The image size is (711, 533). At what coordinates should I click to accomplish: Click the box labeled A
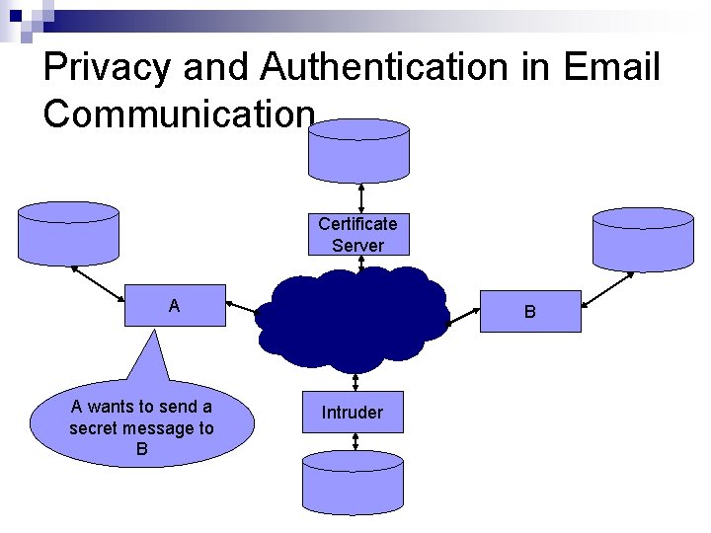[x=175, y=306]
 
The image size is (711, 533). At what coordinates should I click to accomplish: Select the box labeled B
[x=530, y=311]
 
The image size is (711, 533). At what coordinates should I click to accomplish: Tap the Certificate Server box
[x=357, y=235]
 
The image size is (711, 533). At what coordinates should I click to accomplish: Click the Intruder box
[x=352, y=413]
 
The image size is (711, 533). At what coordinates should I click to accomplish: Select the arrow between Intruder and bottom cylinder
[x=353, y=442]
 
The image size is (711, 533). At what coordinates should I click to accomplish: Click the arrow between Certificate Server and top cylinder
[x=360, y=197]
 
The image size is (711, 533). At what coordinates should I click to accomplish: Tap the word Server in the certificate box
[x=357, y=245]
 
